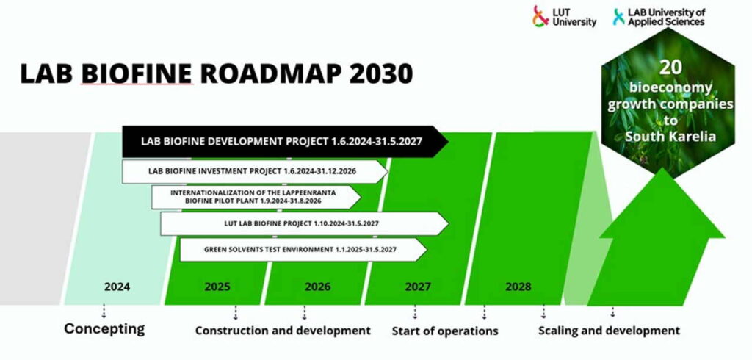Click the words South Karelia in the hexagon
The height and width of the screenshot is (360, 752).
coord(670,138)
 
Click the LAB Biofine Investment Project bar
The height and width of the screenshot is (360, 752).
coord(253,171)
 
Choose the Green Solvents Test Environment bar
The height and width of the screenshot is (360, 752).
coord(301,249)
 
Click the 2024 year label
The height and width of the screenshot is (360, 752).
coord(117,287)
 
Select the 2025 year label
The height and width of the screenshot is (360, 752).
coord(217,287)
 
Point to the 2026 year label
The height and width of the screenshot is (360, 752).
coord(317,287)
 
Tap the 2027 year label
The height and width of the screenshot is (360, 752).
coord(418,287)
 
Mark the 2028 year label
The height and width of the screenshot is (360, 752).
coord(518,287)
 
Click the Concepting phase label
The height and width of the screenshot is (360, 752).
coord(104,328)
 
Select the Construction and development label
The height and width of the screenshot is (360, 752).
coord(283,331)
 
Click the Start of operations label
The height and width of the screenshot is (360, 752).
coord(445,331)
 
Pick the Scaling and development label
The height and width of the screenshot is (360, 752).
coord(609,331)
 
